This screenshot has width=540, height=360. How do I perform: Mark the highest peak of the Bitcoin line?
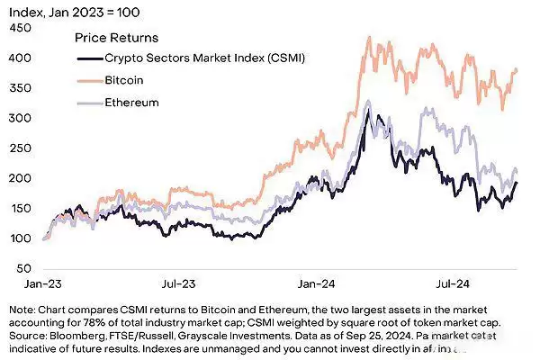click(x=367, y=38)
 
